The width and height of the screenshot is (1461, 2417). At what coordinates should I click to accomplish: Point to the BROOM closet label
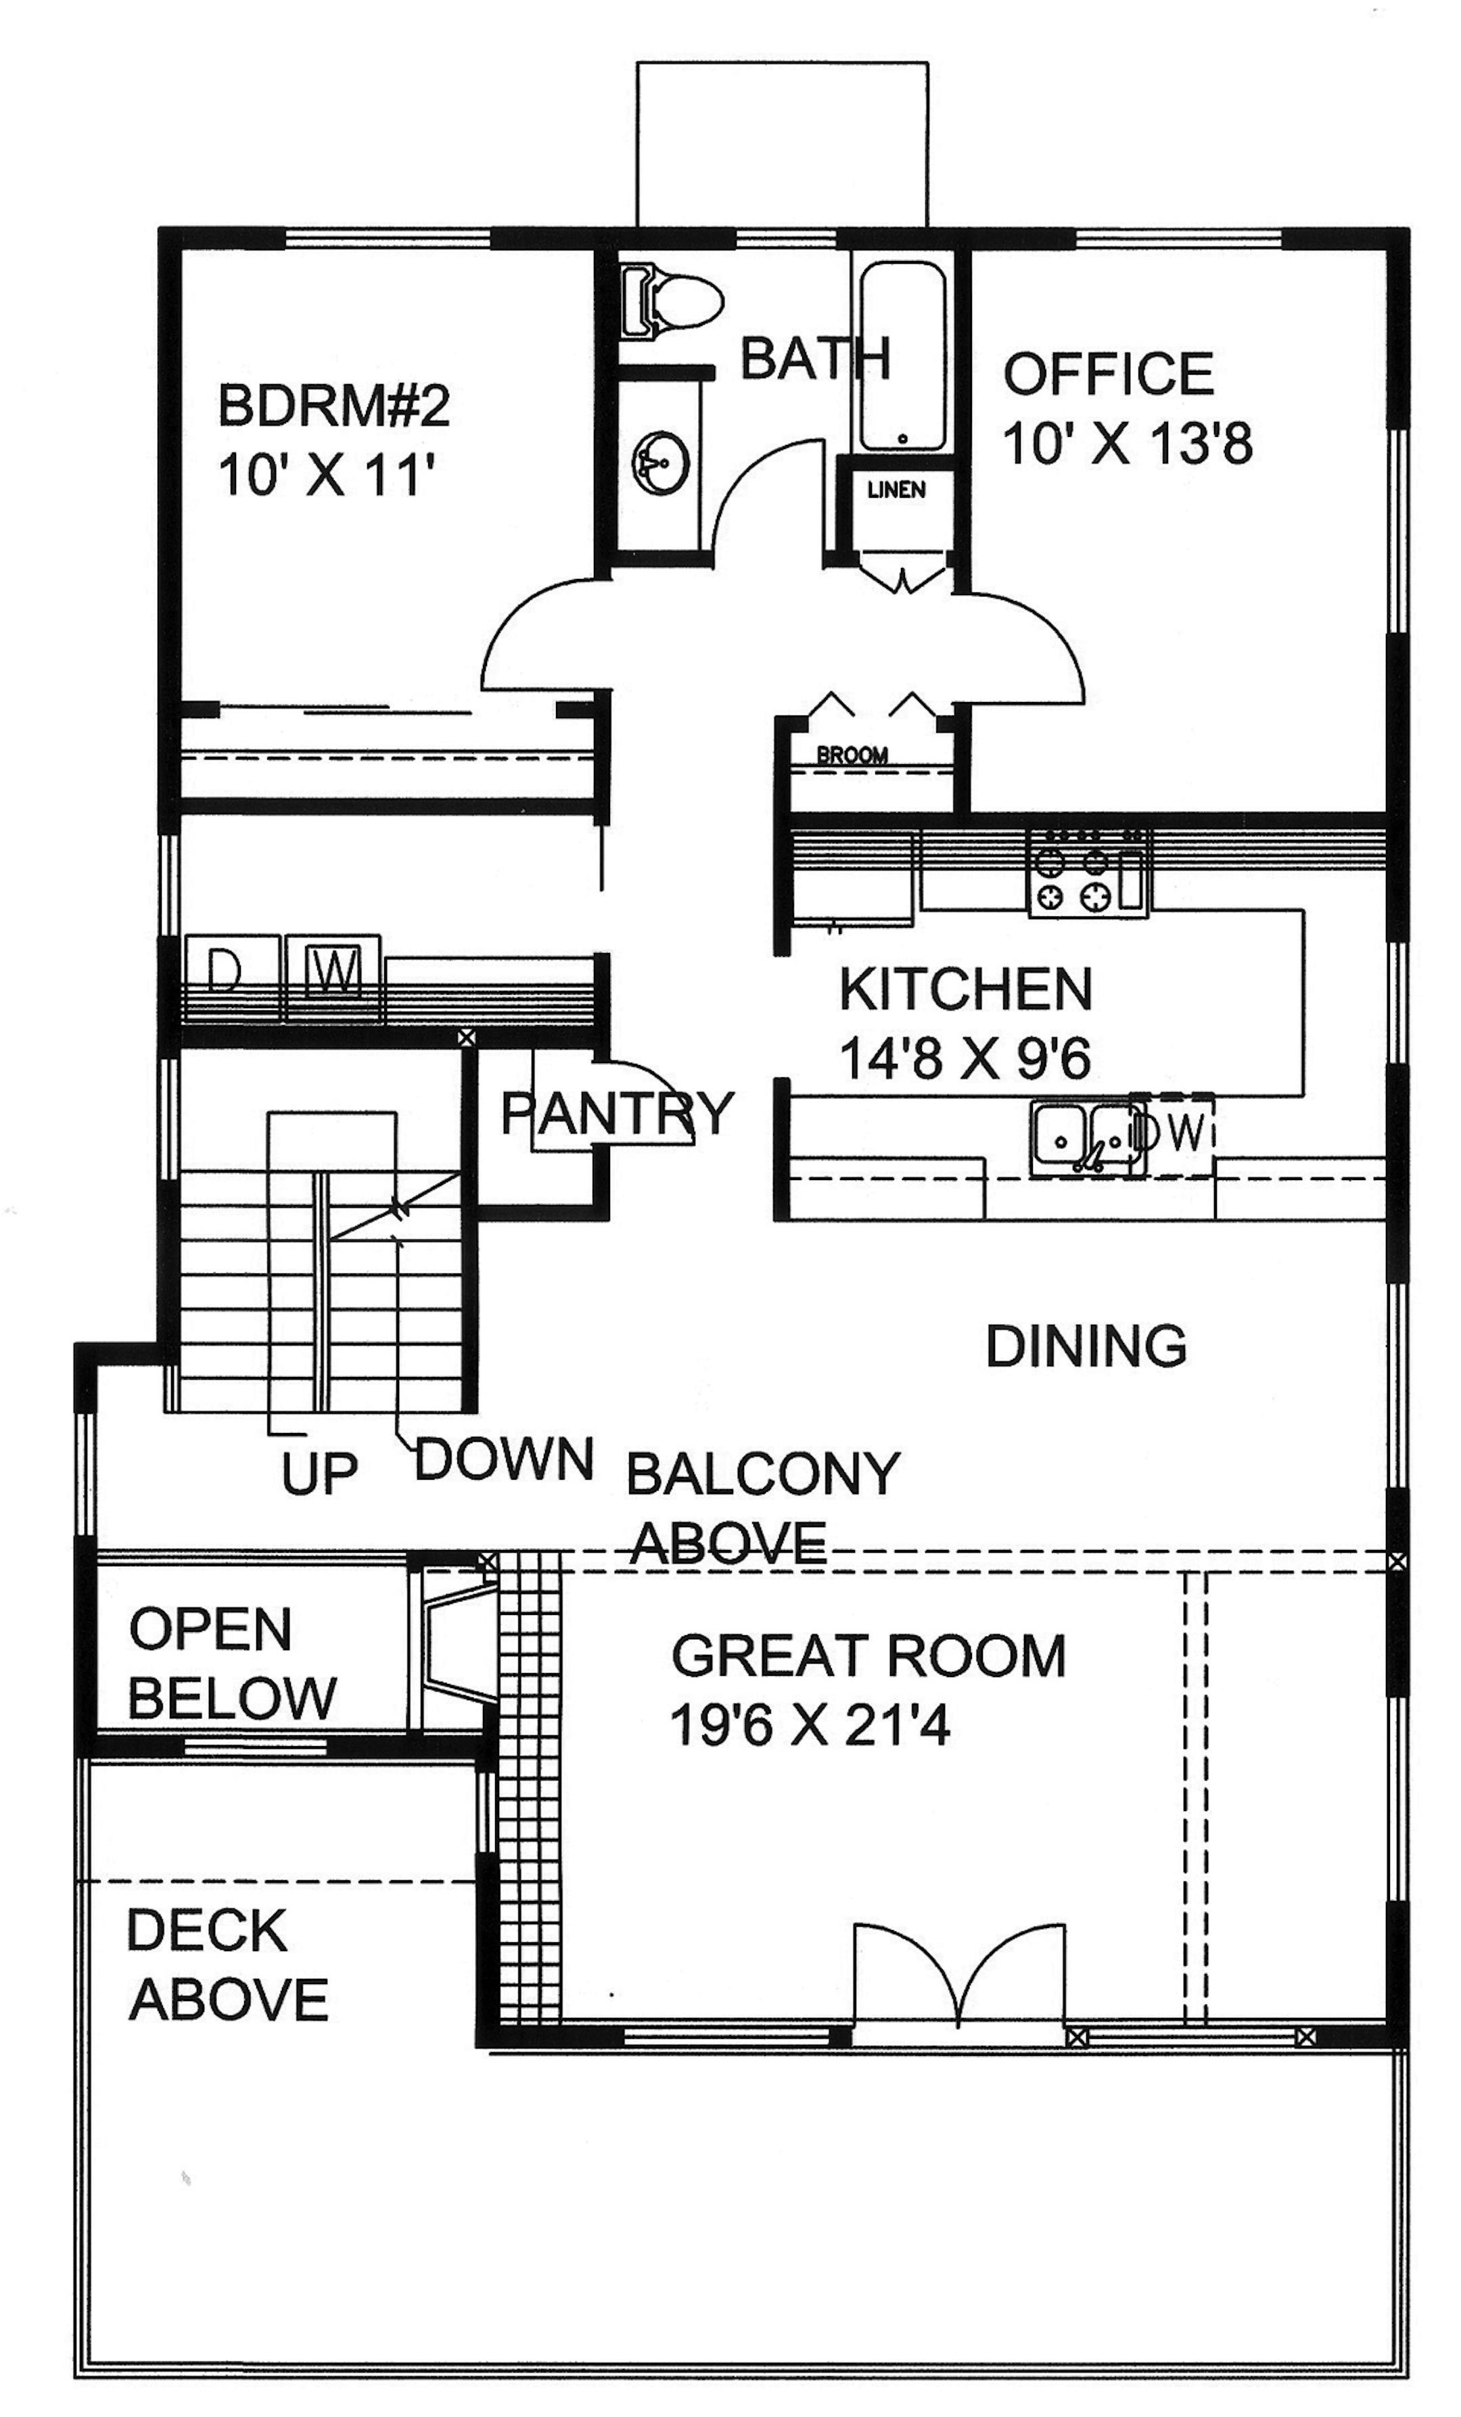point(852,755)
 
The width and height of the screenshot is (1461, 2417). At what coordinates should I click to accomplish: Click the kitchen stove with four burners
point(1087,872)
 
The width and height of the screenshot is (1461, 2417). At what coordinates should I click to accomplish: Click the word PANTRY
point(617,1113)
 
